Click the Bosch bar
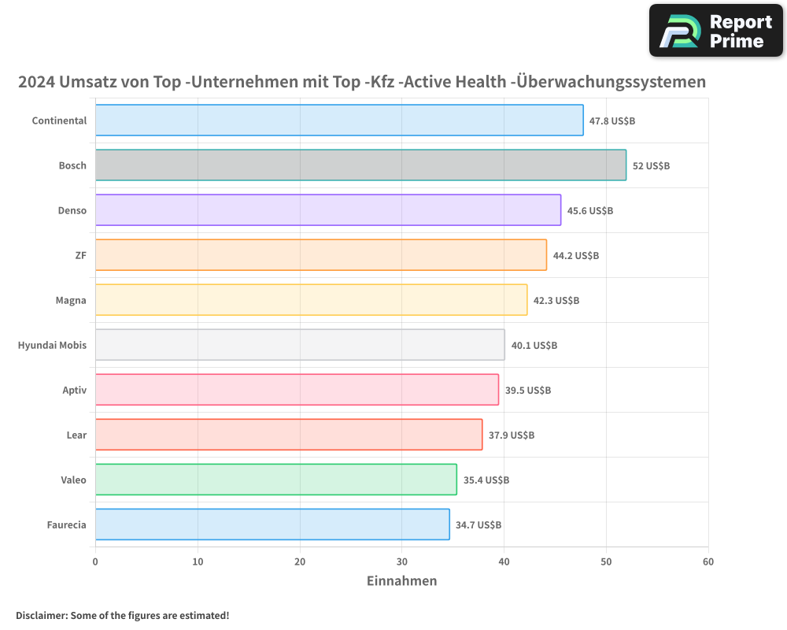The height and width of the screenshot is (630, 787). click(x=360, y=165)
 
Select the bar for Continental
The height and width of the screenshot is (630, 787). click(x=339, y=120)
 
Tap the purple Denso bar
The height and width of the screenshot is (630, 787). click(x=328, y=210)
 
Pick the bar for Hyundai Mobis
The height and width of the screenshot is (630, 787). click(x=300, y=345)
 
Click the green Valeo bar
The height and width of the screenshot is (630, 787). click(x=275, y=480)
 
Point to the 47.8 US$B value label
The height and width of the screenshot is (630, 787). click(x=612, y=121)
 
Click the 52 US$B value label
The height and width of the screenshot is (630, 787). click(x=651, y=166)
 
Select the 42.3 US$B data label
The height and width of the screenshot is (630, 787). click(x=556, y=301)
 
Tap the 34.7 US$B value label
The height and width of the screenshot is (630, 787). click(x=478, y=525)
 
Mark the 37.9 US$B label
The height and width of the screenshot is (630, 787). click(x=512, y=435)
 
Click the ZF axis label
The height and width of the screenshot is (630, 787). click(x=80, y=255)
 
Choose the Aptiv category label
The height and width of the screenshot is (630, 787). click(x=75, y=390)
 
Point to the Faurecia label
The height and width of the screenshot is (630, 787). click(x=66, y=524)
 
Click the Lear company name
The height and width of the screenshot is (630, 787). click(x=76, y=435)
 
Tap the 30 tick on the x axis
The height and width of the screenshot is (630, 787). click(x=401, y=561)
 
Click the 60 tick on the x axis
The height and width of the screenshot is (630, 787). click(x=708, y=561)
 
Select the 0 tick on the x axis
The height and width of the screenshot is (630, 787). click(x=95, y=561)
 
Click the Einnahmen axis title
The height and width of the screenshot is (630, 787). click(x=401, y=581)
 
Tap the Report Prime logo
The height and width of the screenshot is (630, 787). click(x=715, y=31)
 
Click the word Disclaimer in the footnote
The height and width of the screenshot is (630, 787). click(x=40, y=615)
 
